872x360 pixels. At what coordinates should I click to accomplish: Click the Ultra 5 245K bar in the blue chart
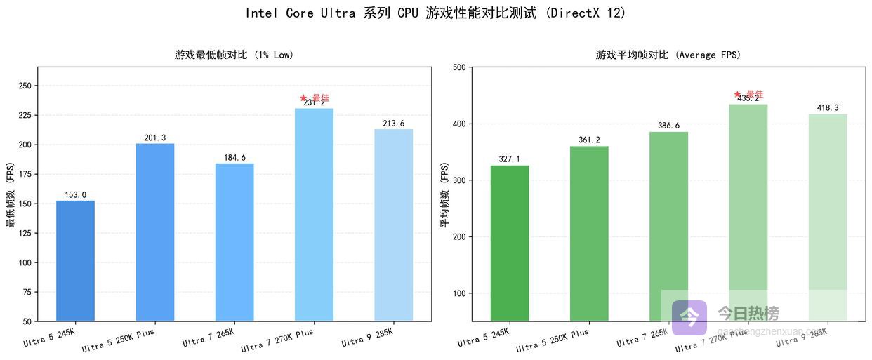tap(75, 261)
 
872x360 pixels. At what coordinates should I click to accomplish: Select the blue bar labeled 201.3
tap(154, 232)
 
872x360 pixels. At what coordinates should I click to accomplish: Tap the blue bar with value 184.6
tap(234, 242)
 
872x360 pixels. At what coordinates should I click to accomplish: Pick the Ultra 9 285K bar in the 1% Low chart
tap(393, 225)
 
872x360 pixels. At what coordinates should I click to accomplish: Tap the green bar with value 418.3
tap(828, 211)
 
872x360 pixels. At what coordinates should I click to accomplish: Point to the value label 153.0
tap(75, 195)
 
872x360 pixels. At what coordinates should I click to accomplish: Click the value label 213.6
tap(393, 124)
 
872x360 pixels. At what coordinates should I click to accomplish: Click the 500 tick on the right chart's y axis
tap(459, 67)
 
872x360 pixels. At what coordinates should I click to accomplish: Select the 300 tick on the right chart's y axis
tap(459, 180)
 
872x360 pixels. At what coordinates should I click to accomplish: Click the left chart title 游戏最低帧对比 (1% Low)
tap(234, 55)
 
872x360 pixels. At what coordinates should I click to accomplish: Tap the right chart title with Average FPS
tap(668, 55)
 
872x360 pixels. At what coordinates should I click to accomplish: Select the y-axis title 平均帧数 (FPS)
tap(444, 194)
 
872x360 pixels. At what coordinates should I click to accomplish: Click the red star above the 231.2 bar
tap(303, 98)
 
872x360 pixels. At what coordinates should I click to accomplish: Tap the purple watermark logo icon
tap(689, 317)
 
